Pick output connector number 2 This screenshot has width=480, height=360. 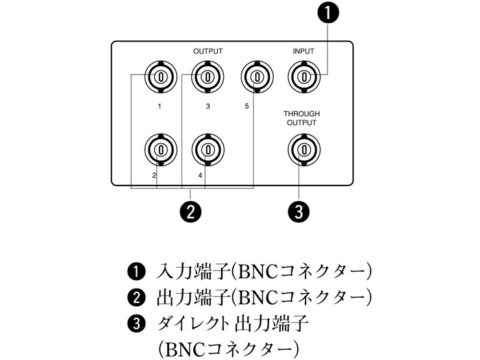[x=158, y=149]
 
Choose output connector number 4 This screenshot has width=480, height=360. [x=208, y=149]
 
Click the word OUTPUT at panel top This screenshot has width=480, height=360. [x=208, y=50]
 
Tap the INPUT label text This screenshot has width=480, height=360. [x=304, y=50]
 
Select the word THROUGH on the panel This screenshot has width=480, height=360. [x=302, y=114]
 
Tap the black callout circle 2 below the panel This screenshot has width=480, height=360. [x=189, y=211]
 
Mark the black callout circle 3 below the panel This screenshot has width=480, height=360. [x=300, y=211]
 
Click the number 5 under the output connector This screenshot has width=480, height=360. [x=246, y=106]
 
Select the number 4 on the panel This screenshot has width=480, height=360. [x=200, y=175]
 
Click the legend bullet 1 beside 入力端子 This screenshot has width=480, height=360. [x=137, y=270]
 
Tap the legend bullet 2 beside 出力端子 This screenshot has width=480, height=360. [x=137, y=297]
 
